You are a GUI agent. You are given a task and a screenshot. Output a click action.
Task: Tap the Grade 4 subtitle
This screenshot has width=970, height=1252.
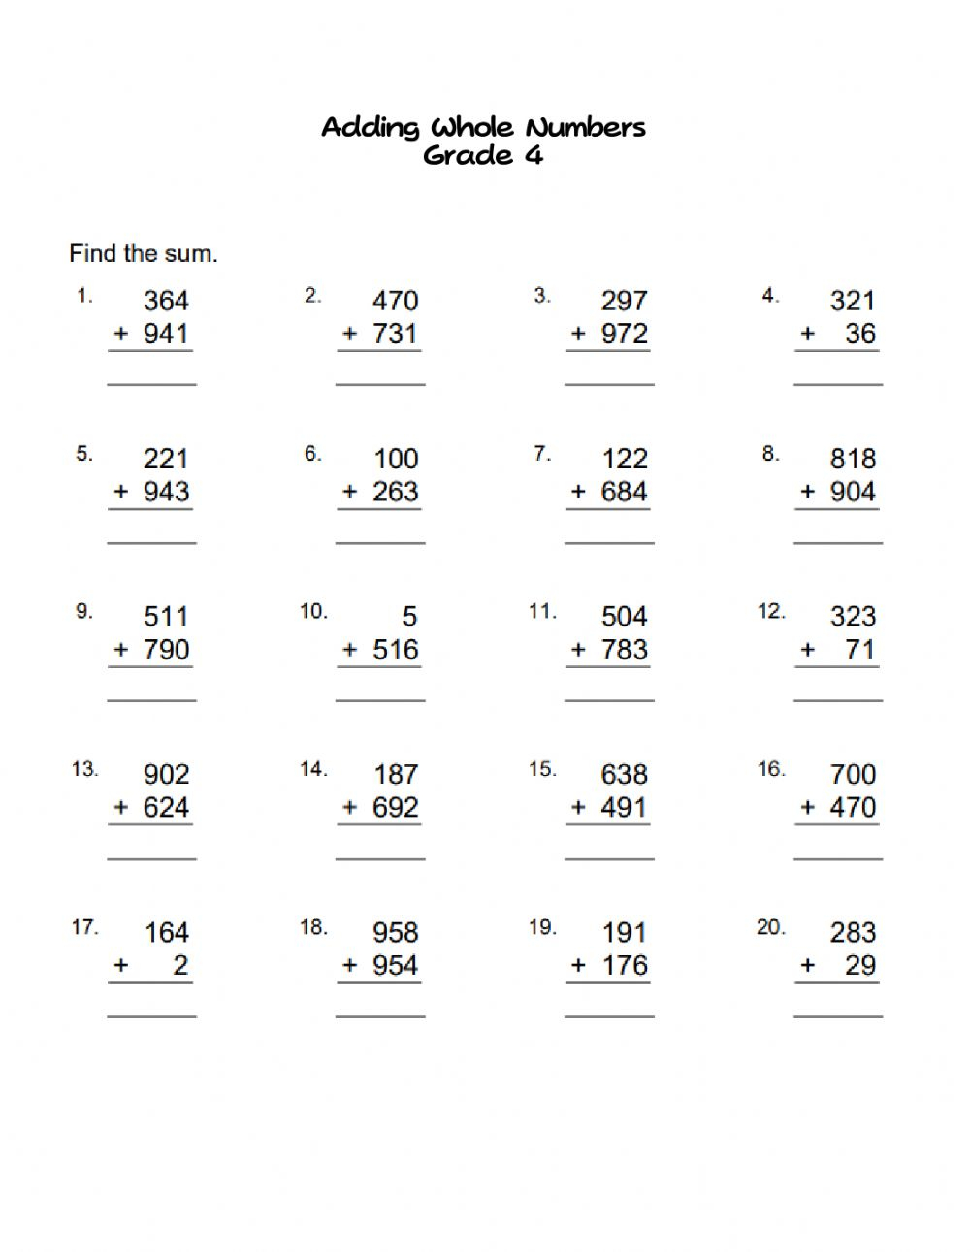(483, 155)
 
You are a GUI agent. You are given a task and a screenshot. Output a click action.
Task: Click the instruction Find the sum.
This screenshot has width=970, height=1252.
(144, 254)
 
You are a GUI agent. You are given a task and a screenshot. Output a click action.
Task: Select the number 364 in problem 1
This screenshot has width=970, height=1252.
(166, 301)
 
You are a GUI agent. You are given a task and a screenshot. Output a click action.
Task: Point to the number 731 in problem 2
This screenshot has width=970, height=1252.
(395, 334)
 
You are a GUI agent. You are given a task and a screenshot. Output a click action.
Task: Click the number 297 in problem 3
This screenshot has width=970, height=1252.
(624, 301)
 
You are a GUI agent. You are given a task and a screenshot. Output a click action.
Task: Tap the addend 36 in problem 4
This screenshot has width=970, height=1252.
(860, 334)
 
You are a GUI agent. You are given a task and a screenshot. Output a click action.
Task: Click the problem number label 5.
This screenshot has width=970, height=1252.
(84, 454)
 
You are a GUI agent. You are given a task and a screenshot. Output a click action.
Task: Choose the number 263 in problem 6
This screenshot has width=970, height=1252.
(395, 492)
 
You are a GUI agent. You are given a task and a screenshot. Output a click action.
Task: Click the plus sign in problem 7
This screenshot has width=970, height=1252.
(578, 492)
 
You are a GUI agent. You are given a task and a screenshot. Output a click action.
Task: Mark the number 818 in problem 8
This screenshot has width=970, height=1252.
(853, 459)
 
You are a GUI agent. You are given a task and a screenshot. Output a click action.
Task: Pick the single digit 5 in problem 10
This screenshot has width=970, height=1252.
(409, 617)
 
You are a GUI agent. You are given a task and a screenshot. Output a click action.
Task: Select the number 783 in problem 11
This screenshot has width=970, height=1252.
(624, 650)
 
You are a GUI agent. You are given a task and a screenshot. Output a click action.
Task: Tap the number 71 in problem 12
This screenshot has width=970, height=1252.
(860, 650)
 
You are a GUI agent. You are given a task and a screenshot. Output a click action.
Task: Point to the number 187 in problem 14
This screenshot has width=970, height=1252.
(396, 775)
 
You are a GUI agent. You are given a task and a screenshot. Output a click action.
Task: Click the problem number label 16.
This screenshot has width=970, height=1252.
(771, 769)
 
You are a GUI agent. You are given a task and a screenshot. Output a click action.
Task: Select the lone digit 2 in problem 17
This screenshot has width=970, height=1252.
(180, 966)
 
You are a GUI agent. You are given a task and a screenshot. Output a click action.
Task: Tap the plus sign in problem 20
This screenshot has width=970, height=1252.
(807, 966)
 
